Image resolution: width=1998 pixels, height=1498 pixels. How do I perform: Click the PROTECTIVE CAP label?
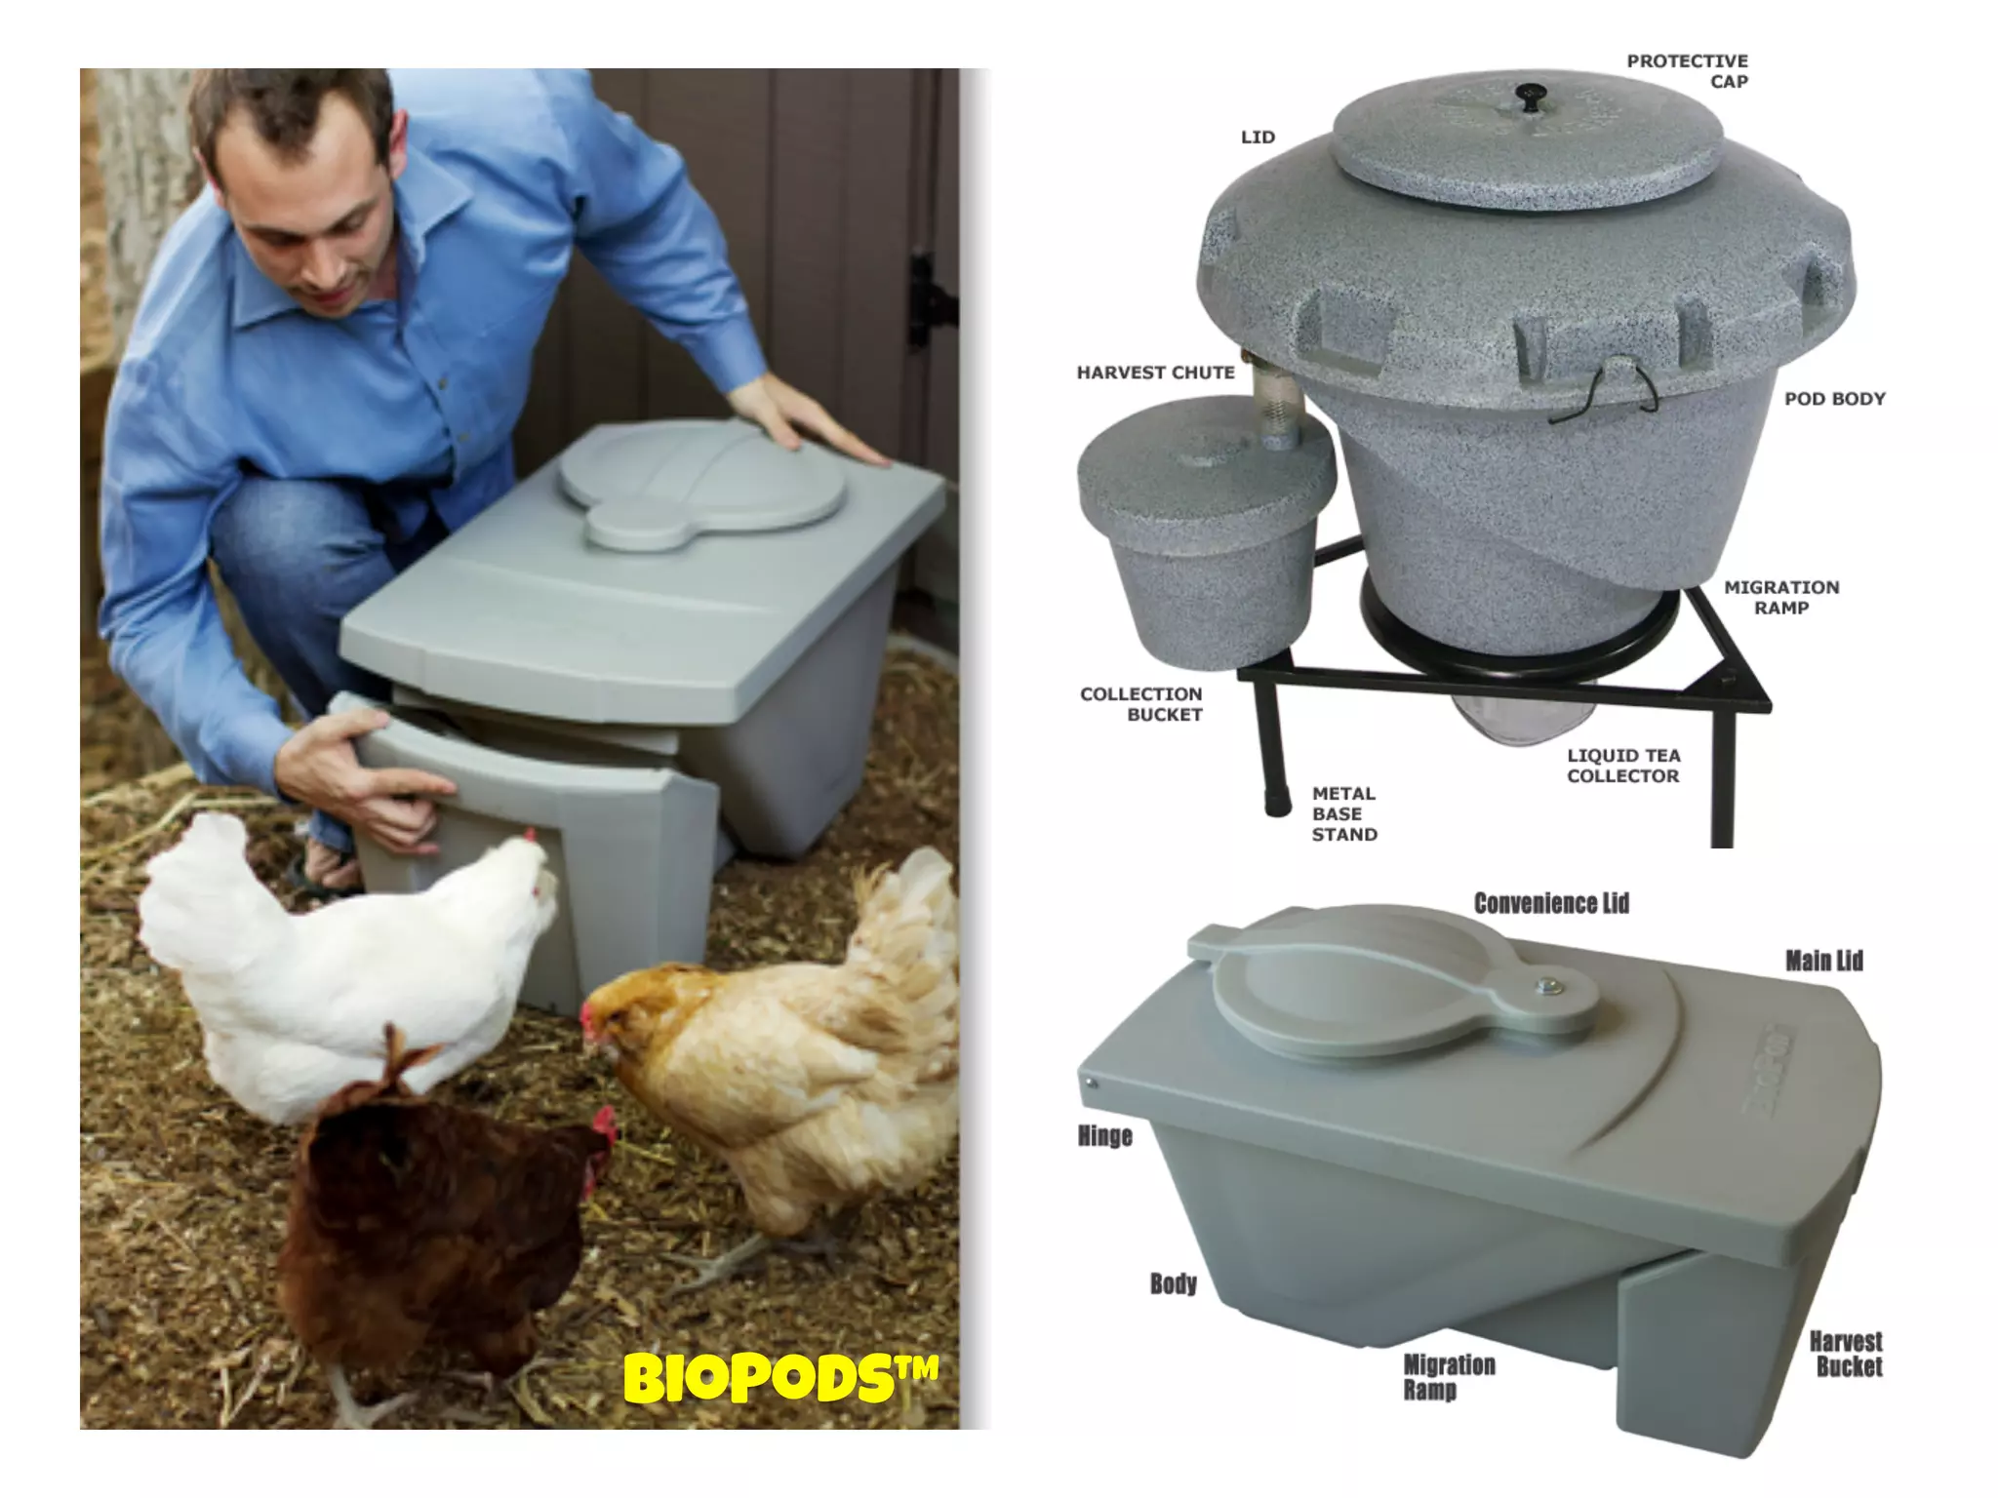pyautogui.click(x=1687, y=71)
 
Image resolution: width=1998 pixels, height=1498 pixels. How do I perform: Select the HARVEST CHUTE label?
pyautogui.click(x=1155, y=373)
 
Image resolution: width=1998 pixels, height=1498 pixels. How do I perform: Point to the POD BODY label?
pyautogui.click(x=1834, y=399)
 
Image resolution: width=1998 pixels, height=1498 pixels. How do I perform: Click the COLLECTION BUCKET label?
pyautogui.click(x=1140, y=704)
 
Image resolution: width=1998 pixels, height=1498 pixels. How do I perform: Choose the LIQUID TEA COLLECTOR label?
pyautogui.click(x=1623, y=766)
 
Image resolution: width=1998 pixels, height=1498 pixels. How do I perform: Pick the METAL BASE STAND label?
pyautogui.click(x=1343, y=813)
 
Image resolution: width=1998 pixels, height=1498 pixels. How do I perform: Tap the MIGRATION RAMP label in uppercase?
pyautogui.click(x=1780, y=597)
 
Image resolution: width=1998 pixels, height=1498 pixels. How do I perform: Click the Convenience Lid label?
pyautogui.click(x=1551, y=903)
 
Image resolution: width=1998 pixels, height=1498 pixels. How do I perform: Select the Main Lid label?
pyautogui.click(x=1823, y=961)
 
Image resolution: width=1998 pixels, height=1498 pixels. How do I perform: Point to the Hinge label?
pyautogui.click(x=1104, y=1136)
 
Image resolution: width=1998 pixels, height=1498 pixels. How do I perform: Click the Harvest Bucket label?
pyautogui.click(x=1846, y=1354)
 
